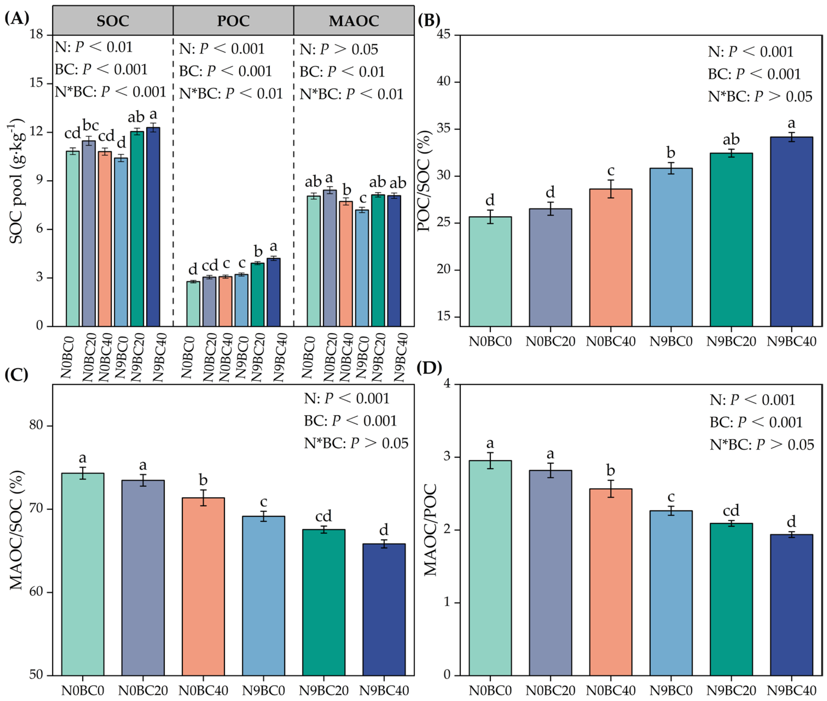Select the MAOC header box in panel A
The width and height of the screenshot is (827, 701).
coord(354,20)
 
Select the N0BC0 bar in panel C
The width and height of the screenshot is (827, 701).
coord(83,574)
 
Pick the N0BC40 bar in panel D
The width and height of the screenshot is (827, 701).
coord(611,582)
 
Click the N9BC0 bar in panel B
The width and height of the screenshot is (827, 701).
coord(671,247)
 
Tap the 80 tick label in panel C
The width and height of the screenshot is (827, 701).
coord(36,425)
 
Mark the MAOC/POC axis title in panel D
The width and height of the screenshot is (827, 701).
coord(430,530)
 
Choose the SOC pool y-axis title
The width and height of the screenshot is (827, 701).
coord(17,181)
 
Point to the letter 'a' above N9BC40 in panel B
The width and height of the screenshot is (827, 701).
coord(791,124)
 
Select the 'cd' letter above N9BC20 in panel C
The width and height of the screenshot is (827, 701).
coord(323,516)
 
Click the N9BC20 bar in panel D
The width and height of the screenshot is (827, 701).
coord(731,599)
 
